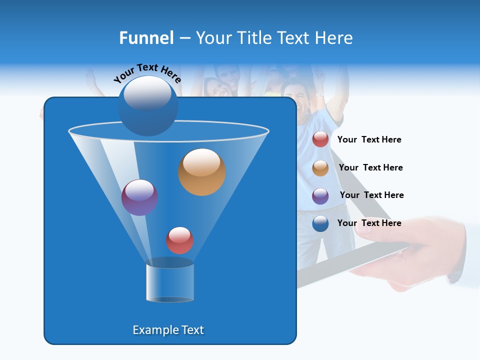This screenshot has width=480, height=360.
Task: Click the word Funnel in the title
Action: click(146, 38)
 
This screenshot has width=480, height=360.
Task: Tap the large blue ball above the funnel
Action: click(148, 106)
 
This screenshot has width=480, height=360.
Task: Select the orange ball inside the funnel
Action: click(202, 172)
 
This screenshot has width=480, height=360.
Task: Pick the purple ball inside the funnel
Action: click(139, 197)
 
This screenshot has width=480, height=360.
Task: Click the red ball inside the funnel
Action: click(179, 240)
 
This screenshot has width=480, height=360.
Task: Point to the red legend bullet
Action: click(320, 139)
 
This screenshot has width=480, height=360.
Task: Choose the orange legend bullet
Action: click(320, 168)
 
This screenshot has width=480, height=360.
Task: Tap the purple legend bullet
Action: click(320, 196)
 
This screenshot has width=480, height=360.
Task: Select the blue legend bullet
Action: click(320, 223)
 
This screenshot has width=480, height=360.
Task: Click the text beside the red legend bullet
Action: click(369, 139)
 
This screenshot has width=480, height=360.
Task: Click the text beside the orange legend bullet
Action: click(370, 167)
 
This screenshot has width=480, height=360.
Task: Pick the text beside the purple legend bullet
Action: click(371, 195)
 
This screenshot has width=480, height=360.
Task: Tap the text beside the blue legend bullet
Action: click(369, 223)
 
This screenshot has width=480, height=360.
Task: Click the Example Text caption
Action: click(168, 330)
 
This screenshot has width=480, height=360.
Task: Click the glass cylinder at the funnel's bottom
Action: click(170, 281)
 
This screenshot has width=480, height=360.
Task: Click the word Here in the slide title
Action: click(334, 38)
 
